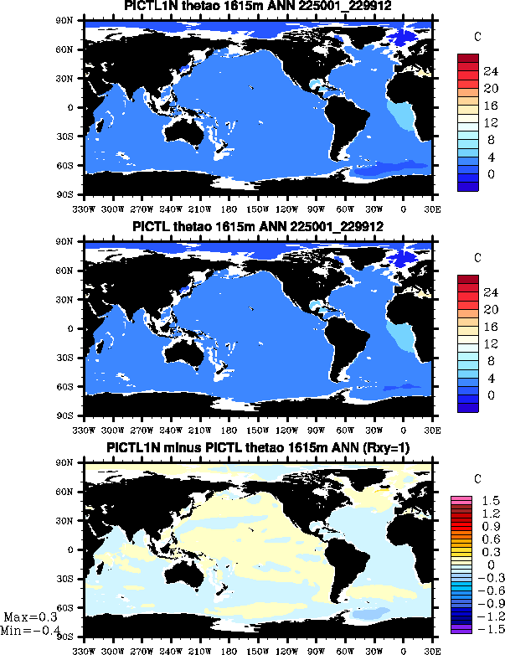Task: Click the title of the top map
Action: pos(259,6)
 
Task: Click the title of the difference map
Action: pos(259,449)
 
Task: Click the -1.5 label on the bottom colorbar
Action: pos(490,627)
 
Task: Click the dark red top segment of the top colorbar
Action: pos(467,59)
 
